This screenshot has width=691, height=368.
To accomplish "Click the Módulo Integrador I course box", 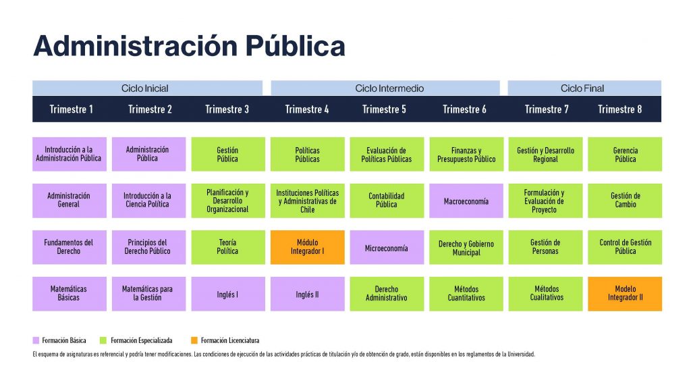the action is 308,247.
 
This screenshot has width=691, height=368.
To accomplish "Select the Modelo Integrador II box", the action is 625,294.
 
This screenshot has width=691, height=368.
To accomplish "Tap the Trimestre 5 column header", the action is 384,109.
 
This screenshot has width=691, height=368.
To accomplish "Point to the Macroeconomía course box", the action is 466,201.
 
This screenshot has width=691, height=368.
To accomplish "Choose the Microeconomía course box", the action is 387,247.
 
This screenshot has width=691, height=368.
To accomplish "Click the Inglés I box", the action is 228,294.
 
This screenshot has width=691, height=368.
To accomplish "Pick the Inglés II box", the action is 308,294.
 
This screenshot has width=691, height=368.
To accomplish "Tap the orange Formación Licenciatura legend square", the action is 194,340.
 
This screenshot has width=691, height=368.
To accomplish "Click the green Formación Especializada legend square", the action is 103,340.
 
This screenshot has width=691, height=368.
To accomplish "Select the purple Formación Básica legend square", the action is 36,340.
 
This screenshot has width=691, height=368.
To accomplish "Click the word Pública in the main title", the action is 296,46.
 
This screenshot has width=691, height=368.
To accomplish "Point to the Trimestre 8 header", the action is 619,109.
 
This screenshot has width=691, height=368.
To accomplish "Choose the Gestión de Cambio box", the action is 625,201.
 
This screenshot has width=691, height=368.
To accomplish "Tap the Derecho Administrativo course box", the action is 387,294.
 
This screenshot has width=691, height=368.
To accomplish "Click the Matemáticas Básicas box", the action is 70,294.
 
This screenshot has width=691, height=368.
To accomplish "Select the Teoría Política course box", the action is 228,247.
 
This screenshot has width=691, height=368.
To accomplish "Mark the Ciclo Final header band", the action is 584,88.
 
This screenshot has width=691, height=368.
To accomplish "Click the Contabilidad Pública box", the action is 387,201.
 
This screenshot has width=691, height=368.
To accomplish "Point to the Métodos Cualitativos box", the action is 545,294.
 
